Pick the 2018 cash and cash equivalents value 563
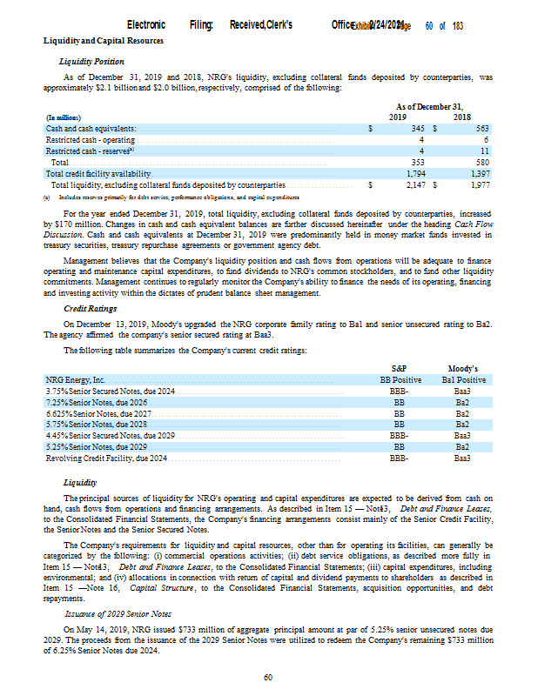481,128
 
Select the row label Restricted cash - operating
91,139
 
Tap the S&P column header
400,369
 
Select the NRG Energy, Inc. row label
75,380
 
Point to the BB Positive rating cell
400,380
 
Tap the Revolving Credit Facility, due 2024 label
106,457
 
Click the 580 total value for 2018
481,162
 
